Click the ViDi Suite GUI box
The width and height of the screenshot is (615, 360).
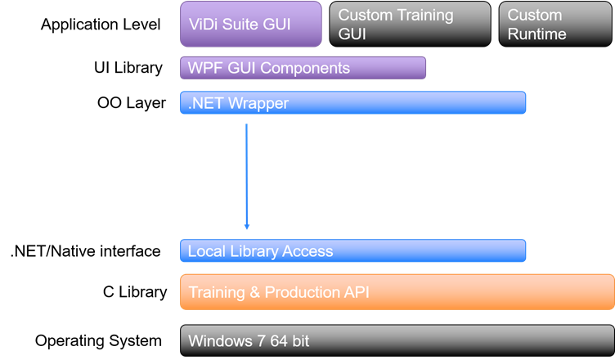click(250, 24)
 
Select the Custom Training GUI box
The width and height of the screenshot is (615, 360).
click(410, 24)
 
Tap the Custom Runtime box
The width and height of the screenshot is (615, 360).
click(556, 24)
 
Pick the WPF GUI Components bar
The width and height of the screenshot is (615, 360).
click(303, 68)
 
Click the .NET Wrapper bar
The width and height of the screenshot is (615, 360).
click(352, 103)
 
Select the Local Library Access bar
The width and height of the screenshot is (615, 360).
click(352, 251)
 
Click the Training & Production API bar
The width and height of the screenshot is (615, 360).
click(397, 292)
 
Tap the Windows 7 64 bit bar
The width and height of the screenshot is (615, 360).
click(397, 341)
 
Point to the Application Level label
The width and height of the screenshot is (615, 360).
click(101, 25)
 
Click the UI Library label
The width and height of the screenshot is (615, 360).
click(128, 68)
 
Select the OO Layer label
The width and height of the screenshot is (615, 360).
click(132, 103)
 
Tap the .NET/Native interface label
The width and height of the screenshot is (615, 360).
click(85, 251)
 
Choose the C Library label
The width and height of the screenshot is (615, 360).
click(135, 292)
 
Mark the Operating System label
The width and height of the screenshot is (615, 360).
click(98, 341)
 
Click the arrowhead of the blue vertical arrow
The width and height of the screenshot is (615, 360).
click(246, 226)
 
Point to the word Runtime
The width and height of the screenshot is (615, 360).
click(537, 34)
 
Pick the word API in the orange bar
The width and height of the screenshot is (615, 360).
click(356, 292)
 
